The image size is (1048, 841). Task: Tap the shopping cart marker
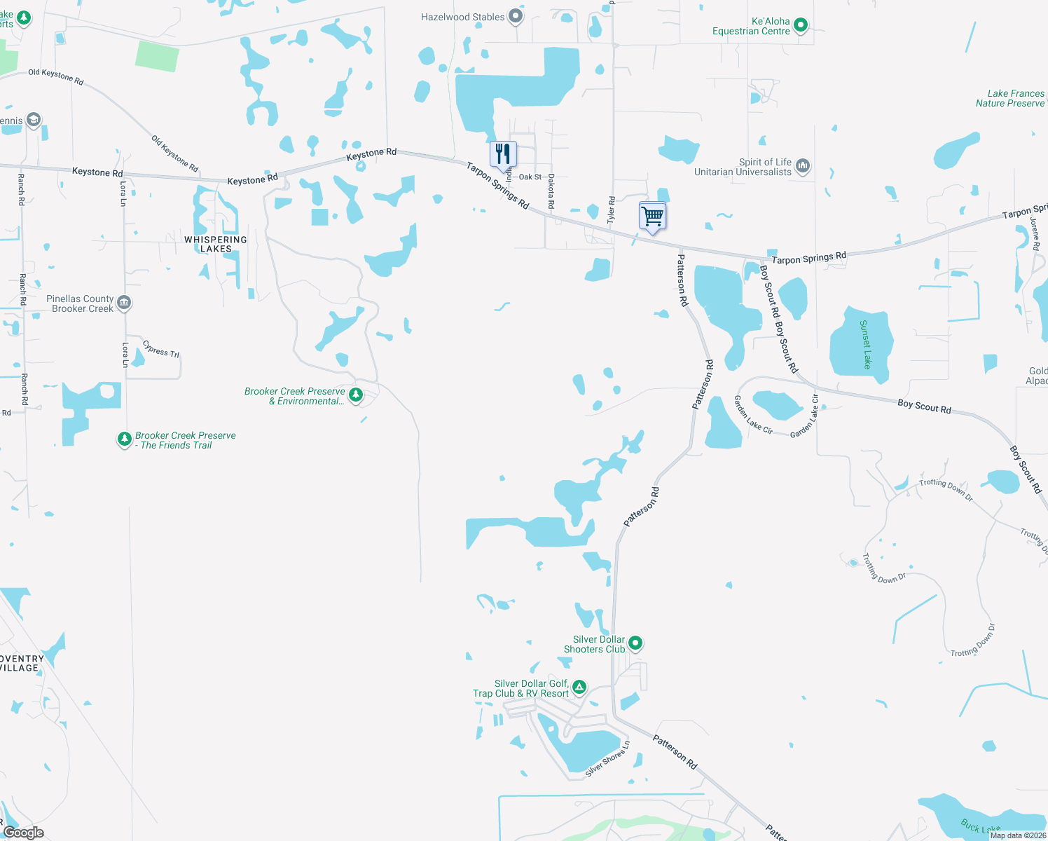tap(652, 215)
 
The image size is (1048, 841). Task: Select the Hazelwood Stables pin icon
tap(516, 16)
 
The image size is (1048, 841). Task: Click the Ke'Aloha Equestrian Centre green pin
tap(801, 26)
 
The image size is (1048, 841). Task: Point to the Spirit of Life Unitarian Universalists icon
tap(803, 166)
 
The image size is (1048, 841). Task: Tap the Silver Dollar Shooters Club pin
tap(635, 643)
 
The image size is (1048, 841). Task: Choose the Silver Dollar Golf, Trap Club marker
tap(579, 687)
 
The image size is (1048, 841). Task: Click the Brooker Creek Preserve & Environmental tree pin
tap(356, 395)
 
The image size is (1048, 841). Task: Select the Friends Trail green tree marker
tap(124, 439)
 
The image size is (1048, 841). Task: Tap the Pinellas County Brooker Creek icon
tap(124, 303)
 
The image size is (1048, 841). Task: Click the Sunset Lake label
tap(865, 344)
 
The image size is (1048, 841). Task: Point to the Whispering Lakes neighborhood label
tap(216, 244)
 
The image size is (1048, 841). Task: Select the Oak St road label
tap(530, 177)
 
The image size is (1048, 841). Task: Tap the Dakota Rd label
tap(551, 191)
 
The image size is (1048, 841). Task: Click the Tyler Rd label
tap(611, 210)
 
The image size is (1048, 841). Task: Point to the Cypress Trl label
tap(161, 348)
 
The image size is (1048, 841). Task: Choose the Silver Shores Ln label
tap(607, 759)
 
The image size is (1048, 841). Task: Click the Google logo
tap(23, 832)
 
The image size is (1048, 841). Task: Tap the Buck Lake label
tap(980, 828)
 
